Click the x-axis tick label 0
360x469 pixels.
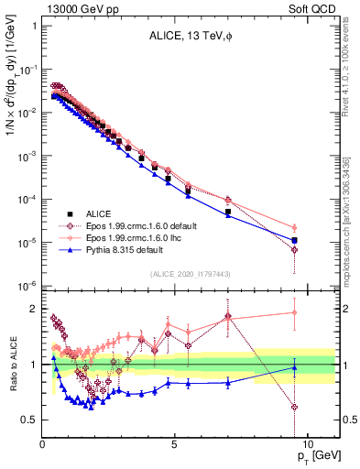[43, 442]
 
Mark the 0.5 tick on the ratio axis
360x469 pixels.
[29, 420]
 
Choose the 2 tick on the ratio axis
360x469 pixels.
[33, 308]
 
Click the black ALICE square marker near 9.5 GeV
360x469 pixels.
[294, 240]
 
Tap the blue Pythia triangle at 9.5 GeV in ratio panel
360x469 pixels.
[294, 367]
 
